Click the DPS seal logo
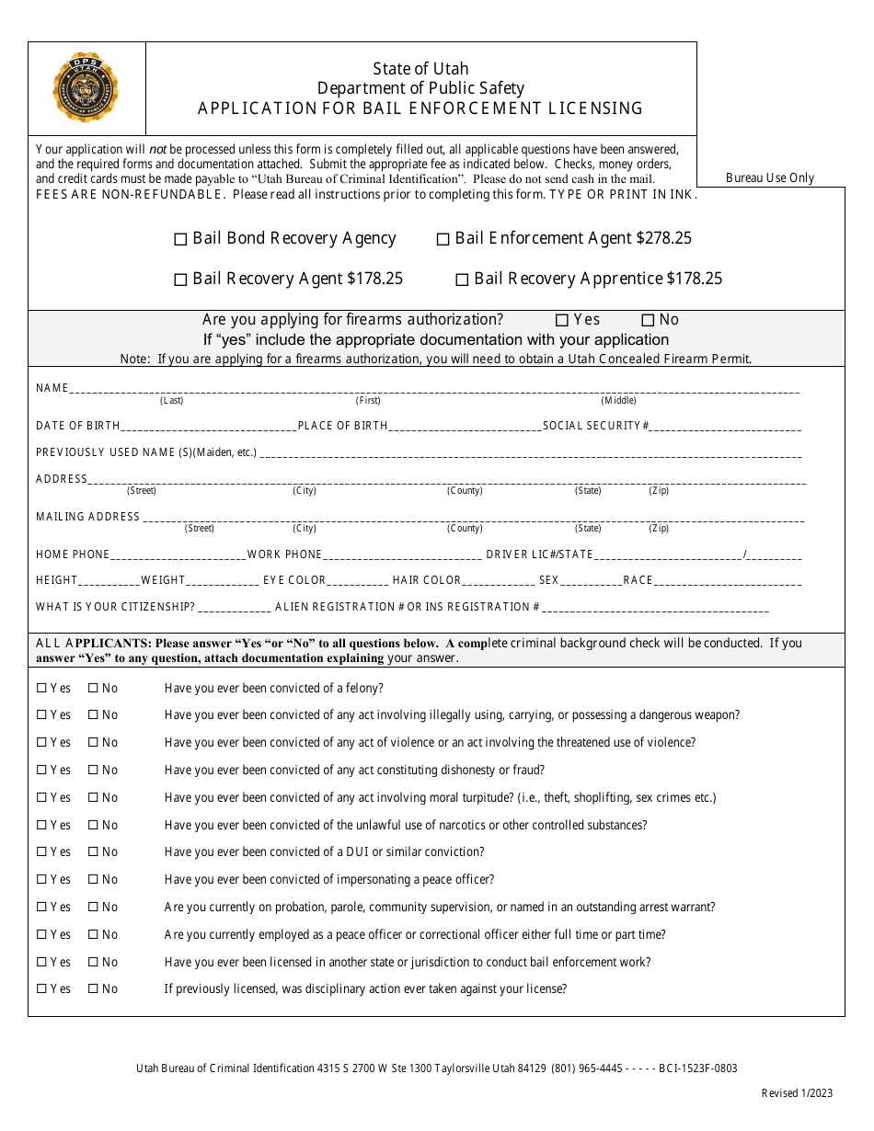pyautogui.click(x=86, y=88)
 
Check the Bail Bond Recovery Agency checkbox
pyautogui.click(x=180, y=240)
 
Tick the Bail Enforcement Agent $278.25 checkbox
pyautogui.click(x=443, y=240)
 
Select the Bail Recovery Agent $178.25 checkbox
pyautogui.click(x=180, y=280)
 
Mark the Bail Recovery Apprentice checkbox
pyautogui.click(x=462, y=280)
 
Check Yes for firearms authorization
pyautogui.click(x=562, y=320)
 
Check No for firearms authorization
pyautogui.click(x=648, y=320)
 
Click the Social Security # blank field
pyautogui.click(x=727, y=426)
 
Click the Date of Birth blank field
pyautogui.click(x=208, y=426)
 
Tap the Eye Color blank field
pyautogui.click(x=358, y=580)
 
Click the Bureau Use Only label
pyautogui.click(x=770, y=178)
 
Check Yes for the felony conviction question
pyautogui.click(x=41, y=688)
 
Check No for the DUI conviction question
pyautogui.click(x=93, y=852)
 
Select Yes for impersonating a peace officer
pyautogui.click(x=41, y=880)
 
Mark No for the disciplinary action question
pyautogui.click(x=93, y=989)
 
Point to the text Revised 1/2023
pyautogui.click(x=797, y=1093)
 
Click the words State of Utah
pyautogui.click(x=420, y=69)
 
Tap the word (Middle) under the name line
pyautogui.click(x=618, y=400)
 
